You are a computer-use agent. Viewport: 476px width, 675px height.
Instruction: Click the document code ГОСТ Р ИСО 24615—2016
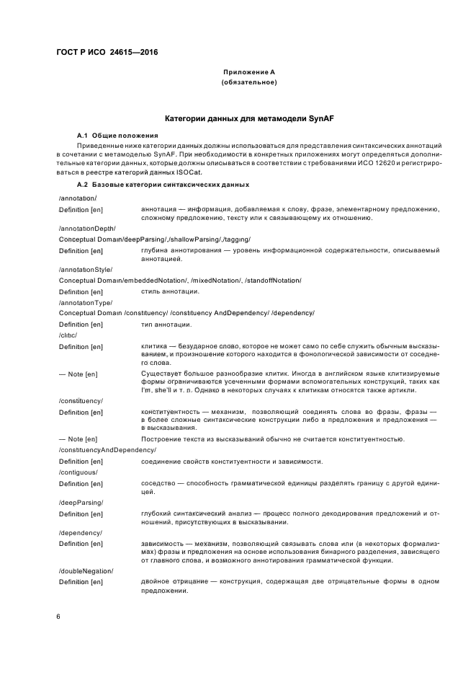click(x=107, y=53)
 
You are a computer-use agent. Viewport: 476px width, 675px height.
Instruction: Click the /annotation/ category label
click(x=78, y=198)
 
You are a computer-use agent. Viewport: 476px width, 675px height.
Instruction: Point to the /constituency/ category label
click(x=81, y=400)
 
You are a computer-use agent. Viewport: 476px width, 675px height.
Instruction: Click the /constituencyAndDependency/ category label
click(x=107, y=450)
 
